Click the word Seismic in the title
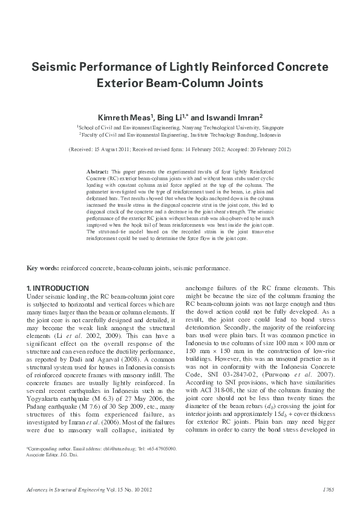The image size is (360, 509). [x=59, y=65]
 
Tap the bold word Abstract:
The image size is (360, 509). [x=97, y=172]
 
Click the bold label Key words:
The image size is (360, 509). [x=42, y=268]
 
